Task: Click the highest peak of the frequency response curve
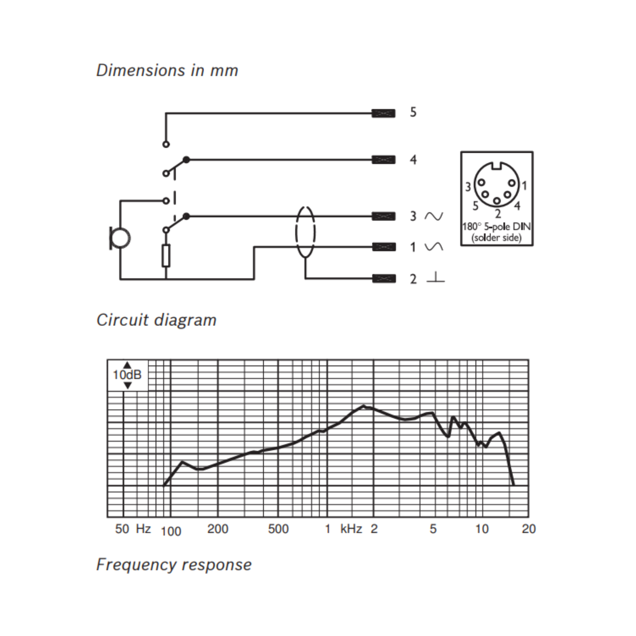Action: click(364, 405)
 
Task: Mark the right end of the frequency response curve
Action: click(514, 485)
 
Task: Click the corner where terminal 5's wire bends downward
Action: click(166, 114)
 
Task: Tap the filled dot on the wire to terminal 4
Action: click(186, 160)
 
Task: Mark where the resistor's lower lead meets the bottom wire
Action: click(166, 279)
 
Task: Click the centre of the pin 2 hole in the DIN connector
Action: click(497, 201)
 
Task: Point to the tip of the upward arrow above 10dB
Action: click(128, 362)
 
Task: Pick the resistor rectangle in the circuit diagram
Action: click(166, 255)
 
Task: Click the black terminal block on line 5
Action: click(384, 114)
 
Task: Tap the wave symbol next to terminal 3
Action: click(434, 216)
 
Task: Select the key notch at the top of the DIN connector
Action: click(497, 166)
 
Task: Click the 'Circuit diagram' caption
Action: click(156, 320)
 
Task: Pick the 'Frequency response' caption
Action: click(174, 565)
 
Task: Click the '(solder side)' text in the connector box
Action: click(496, 238)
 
